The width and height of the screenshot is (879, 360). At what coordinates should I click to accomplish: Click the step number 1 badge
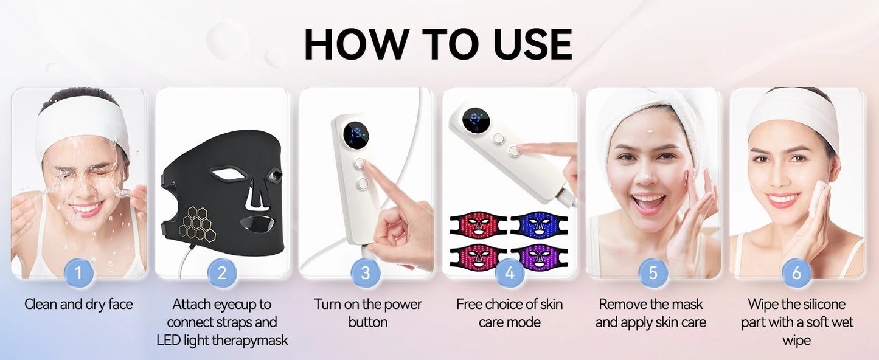(x=78, y=273)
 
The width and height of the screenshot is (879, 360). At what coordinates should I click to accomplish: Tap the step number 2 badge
(x=222, y=273)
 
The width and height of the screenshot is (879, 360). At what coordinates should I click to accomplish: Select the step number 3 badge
(x=366, y=273)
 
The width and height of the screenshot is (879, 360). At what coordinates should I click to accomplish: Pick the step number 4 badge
(x=510, y=273)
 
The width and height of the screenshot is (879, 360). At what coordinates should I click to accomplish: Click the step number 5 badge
(x=653, y=273)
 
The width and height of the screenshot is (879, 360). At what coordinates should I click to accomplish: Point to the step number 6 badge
(x=797, y=273)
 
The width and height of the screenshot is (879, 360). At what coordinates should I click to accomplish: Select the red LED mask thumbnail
(x=478, y=224)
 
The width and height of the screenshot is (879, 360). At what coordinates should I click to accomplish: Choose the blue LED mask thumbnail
(x=539, y=224)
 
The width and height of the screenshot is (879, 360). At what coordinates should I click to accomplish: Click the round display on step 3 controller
(x=355, y=135)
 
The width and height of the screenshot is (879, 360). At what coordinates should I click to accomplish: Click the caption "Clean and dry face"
(x=78, y=304)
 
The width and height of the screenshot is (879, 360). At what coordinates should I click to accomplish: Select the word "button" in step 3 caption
(x=367, y=322)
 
